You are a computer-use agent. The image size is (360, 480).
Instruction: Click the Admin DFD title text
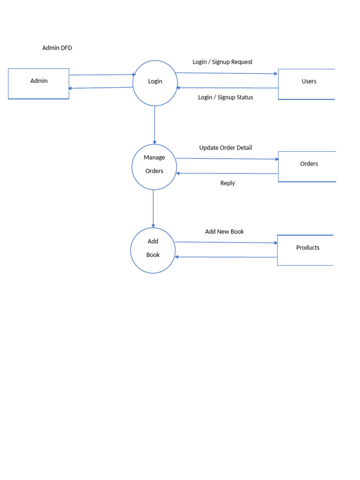point(57,48)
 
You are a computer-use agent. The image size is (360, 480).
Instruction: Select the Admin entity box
point(38,83)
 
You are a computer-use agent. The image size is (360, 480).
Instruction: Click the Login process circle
point(155,82)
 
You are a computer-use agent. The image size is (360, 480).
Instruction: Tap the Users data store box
point(307,84)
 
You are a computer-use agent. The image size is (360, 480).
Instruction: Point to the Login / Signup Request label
point(222,62)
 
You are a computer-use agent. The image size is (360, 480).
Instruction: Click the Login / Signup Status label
point(225,97)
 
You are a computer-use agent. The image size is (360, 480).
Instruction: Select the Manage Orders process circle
point(154,166)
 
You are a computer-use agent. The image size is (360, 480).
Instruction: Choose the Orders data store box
point(307,166)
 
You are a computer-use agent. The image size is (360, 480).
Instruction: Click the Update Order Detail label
point(225,148)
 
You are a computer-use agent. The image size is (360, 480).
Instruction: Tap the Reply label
point(227,183)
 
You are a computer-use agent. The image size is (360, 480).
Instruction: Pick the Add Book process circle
point(153,250)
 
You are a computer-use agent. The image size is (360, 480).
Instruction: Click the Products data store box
point(306,250)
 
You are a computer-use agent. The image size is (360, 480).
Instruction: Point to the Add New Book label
point(224,232)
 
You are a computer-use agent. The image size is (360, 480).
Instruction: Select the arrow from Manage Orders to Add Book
point(153,209)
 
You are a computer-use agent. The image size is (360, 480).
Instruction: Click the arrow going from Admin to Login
point(102,75)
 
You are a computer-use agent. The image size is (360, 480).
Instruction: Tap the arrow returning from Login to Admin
point(101,88)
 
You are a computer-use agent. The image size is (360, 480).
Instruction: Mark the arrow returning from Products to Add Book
point(226,257)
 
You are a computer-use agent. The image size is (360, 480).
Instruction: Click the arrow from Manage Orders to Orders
point(227,159)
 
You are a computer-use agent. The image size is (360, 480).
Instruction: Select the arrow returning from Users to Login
point(227,88)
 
